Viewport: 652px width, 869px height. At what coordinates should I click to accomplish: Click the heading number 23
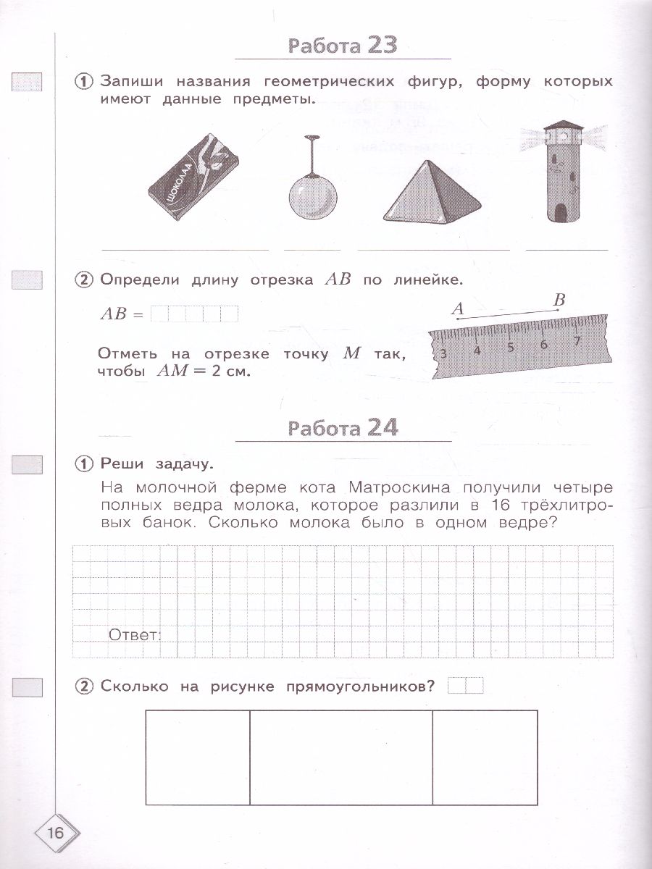pos(383,45)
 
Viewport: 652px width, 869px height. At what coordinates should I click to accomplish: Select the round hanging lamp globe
pos(313,196)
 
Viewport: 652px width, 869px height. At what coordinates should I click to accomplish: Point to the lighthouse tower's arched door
pos(561,212)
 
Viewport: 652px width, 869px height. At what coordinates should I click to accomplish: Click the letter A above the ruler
pos(457,308)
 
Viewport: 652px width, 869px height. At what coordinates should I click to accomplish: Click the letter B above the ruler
pos(559,299)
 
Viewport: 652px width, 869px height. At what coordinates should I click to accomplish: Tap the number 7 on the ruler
pos(577,340)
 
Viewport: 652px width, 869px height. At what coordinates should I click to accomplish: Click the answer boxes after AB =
pos(194,314)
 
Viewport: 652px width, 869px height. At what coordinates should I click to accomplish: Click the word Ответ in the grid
pos(134,635)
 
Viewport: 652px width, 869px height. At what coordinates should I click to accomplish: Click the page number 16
pos(55,833)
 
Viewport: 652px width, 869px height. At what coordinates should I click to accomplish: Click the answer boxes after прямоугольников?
pos(465,685)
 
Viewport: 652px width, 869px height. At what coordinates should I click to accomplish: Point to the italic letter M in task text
pos(351,353)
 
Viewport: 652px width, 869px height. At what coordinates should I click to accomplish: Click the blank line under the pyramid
pos(433,250)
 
